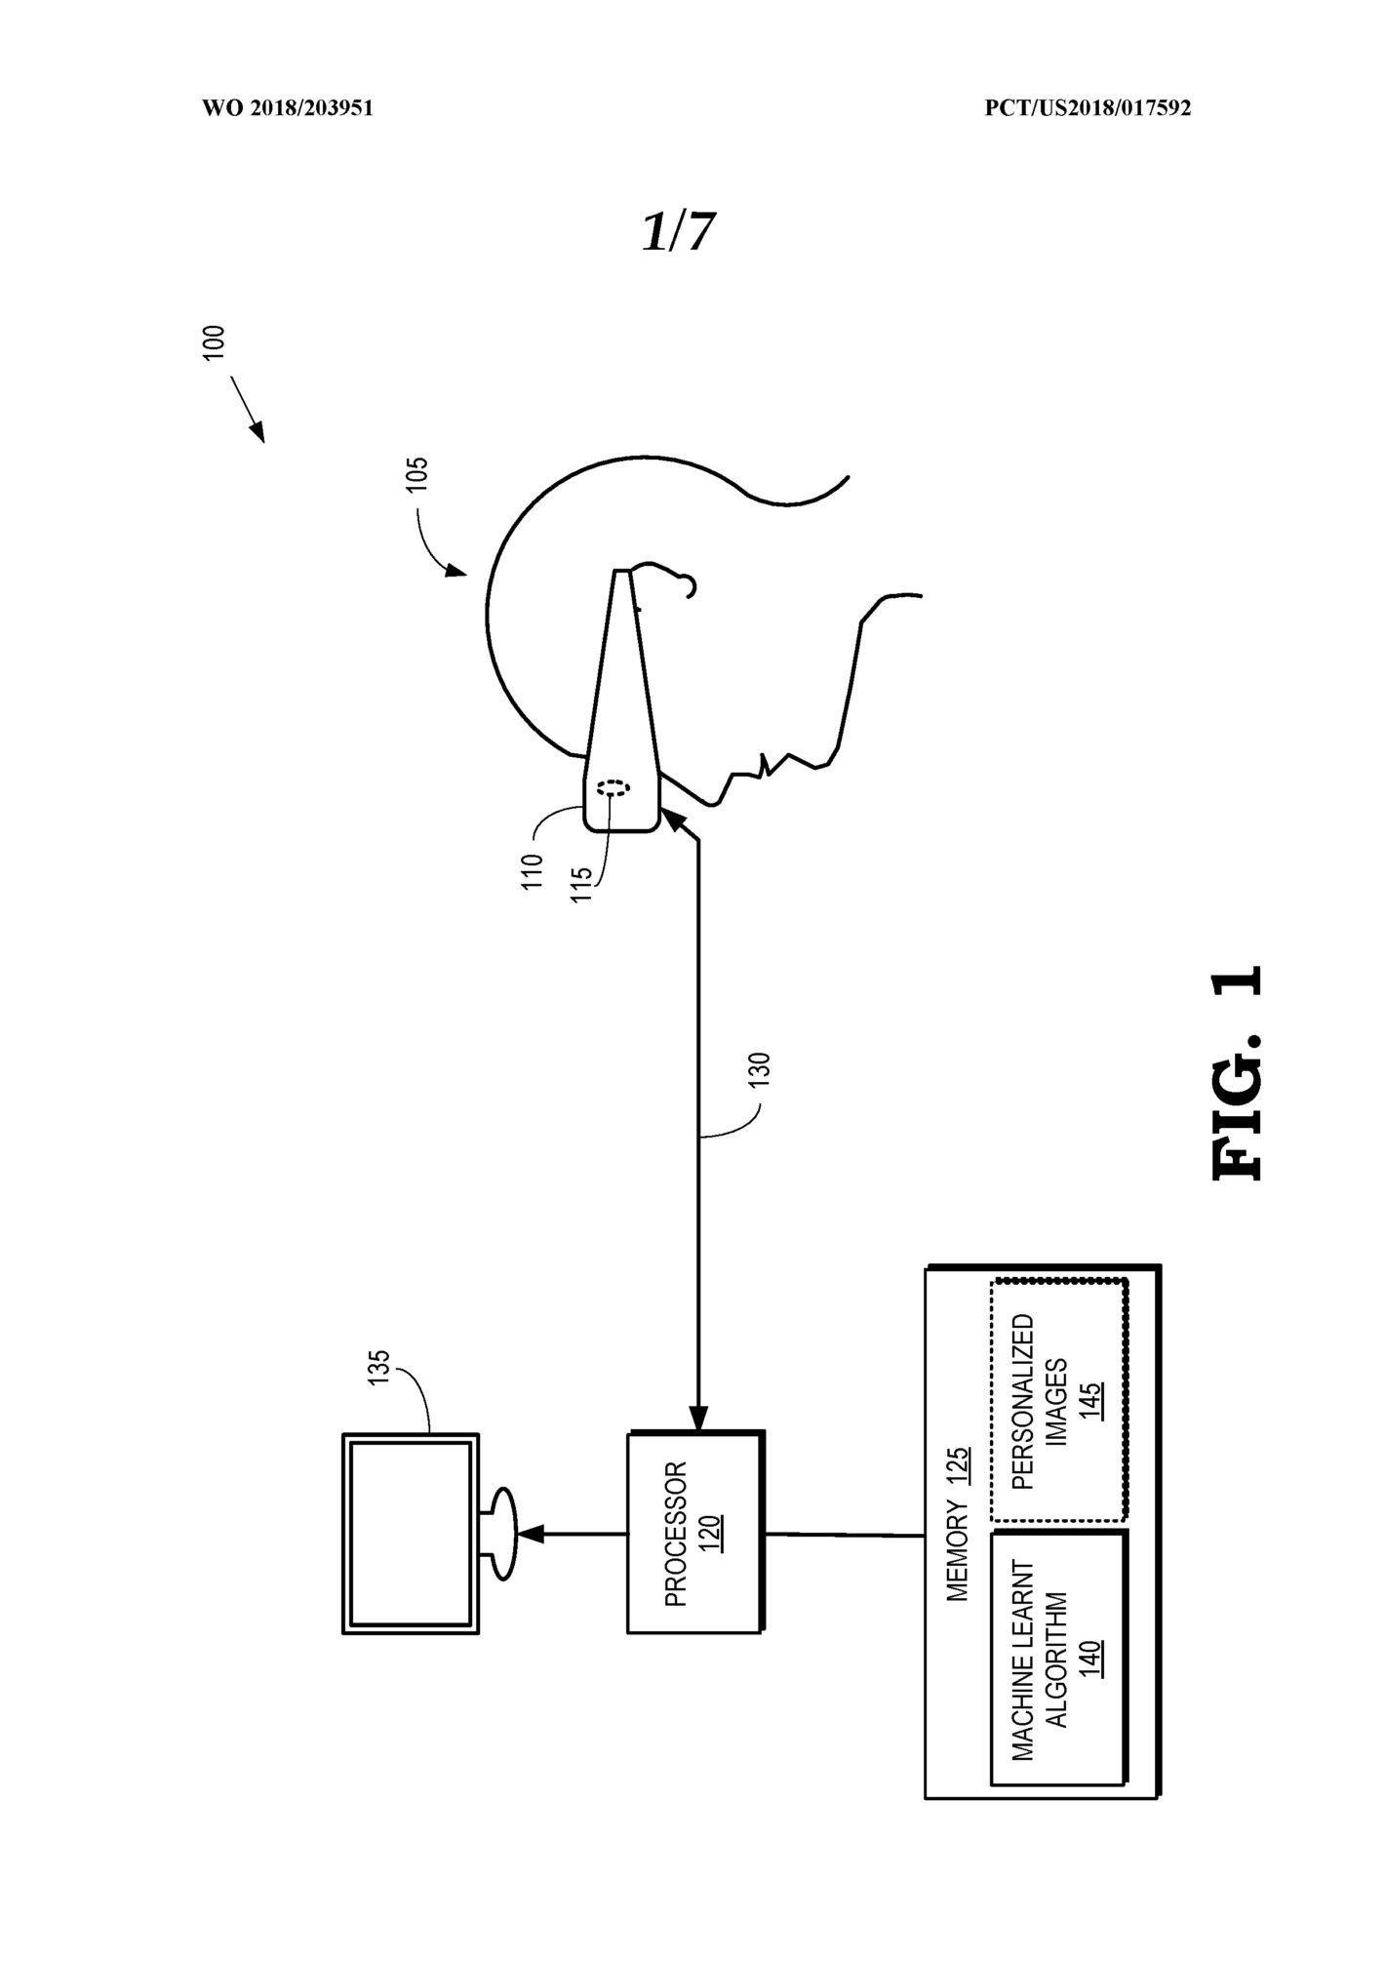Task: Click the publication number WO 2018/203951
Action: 287,109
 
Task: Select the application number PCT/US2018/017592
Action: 1088,109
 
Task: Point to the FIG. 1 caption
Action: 1238,1073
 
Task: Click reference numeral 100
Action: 214,343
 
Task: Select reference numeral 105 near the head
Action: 416,475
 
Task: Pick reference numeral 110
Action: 532,871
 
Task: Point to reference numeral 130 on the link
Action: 762,1071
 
